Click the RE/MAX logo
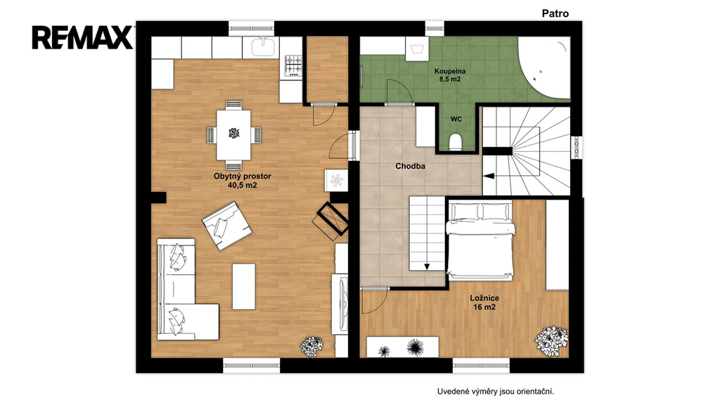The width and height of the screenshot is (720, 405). [x=82, y=37]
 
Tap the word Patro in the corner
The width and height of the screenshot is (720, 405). [x=555, y=13]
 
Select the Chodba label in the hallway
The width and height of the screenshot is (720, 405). [x=410, y=166]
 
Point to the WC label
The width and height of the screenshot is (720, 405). [x=456, y=120]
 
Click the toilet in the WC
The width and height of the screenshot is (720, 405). [x=455, y=142]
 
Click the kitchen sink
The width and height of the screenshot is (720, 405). [x=263, y=47]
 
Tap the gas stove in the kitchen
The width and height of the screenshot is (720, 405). [x=293, y=65]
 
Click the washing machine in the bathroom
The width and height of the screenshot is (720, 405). [x=418, y=49]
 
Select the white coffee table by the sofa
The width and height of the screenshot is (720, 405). [x=244, y=286]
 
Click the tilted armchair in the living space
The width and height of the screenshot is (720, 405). [x=227, y=226]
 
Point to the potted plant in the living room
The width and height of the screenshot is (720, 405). [x=311, y=346]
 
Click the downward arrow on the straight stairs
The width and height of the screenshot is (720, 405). [x=427, y=266]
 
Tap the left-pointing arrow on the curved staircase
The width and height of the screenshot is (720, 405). [x=489, y=175]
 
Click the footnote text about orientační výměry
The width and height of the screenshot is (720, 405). [x=496, y=392]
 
